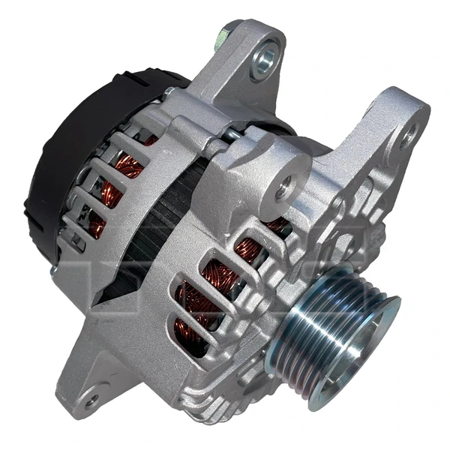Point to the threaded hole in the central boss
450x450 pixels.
point(282,189)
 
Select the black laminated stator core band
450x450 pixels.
point(161,225)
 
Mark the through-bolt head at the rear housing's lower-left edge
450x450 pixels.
point(55,269)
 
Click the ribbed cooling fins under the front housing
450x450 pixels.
point(225,390)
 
